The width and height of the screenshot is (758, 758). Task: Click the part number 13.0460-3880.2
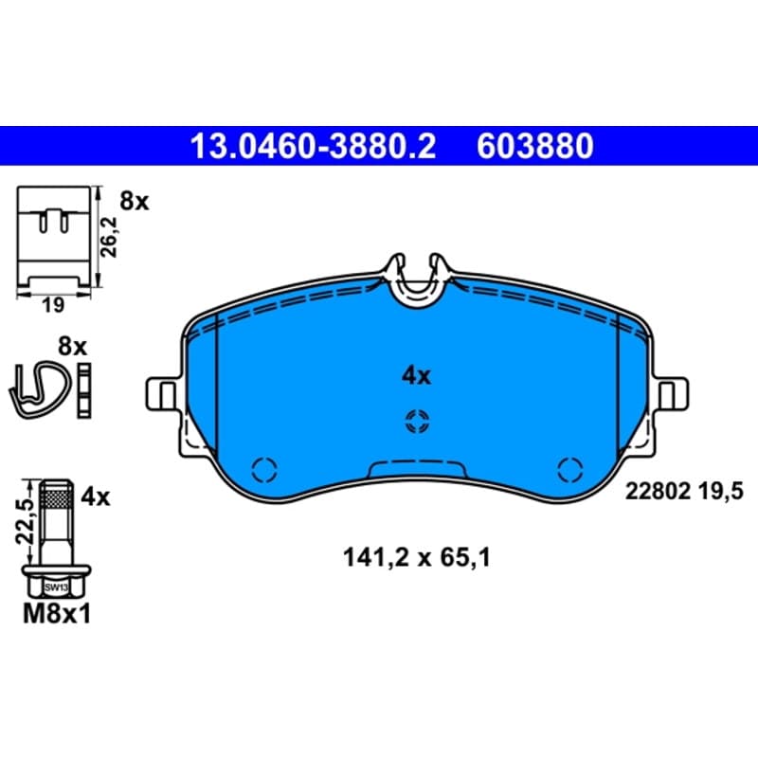pos(314,146)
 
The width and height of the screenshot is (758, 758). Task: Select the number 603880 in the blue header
pos(535,146)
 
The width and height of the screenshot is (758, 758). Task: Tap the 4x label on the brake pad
pos(416,375)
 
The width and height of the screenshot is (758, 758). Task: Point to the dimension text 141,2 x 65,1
pos(417,557)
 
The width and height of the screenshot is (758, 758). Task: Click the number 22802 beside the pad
pos(658,492)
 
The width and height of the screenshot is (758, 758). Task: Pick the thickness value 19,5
pos(720,492)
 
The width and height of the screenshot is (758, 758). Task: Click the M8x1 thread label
pos(57,615)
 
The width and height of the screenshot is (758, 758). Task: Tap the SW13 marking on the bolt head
pos(56,587)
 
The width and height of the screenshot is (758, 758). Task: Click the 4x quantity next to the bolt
pos(96,496)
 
